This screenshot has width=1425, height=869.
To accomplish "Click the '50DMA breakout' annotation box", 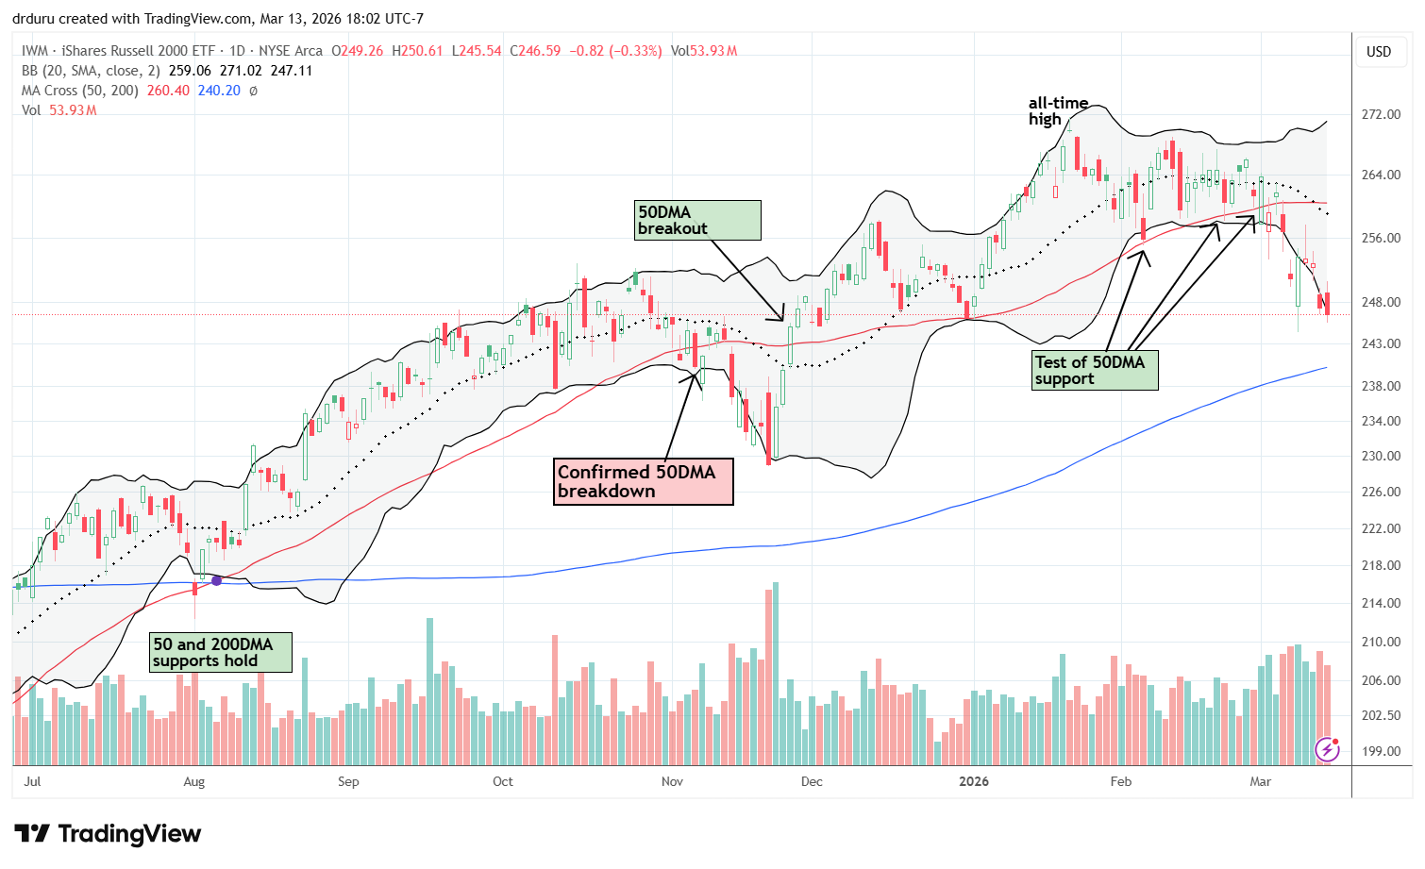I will click(697, 220).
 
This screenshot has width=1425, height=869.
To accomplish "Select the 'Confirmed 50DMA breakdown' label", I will click(643, 481).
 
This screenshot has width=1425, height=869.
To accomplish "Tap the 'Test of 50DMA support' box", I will click(1095, 370).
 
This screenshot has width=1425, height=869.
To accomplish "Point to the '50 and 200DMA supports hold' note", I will click(219, 652).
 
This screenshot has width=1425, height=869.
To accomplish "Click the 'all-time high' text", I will click(1058, 110).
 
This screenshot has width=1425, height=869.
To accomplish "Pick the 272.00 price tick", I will click(1380, 114).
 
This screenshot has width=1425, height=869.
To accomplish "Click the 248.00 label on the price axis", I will click(1380, 302).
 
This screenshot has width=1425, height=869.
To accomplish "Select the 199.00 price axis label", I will click(1380, 751).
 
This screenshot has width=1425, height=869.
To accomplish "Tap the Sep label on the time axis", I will click(348, 781).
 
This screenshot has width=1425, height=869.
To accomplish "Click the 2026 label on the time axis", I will click(974, 781).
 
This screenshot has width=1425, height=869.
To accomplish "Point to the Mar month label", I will click(1260, 781).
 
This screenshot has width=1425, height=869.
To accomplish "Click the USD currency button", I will click(1379, 51).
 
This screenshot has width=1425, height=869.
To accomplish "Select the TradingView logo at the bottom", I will click(108, 834).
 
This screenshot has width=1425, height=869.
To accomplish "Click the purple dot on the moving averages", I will click(216, 581).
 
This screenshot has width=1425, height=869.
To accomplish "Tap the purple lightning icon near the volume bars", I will click(1327, 749).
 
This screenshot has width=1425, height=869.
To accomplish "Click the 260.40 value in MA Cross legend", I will click(168, 91).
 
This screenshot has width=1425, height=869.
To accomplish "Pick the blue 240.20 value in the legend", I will click(219, 91).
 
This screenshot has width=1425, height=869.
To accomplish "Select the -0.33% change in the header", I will click(633, 51).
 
